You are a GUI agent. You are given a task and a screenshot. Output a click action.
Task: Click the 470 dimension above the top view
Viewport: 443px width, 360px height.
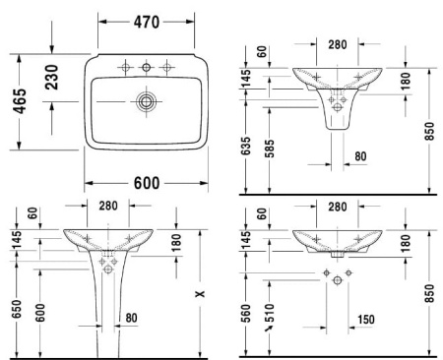[148, 22]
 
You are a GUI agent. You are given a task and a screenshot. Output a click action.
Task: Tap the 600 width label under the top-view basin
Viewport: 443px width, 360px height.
[148, 182]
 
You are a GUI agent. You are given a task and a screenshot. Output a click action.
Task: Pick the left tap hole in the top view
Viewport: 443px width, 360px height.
[125, 67]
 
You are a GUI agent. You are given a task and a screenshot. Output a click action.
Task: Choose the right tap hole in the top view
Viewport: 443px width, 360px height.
[168, 67]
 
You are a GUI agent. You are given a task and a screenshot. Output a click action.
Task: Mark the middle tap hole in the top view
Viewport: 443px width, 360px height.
[147, 67]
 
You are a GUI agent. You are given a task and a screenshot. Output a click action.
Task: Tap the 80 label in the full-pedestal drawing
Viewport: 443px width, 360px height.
[131, 318]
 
